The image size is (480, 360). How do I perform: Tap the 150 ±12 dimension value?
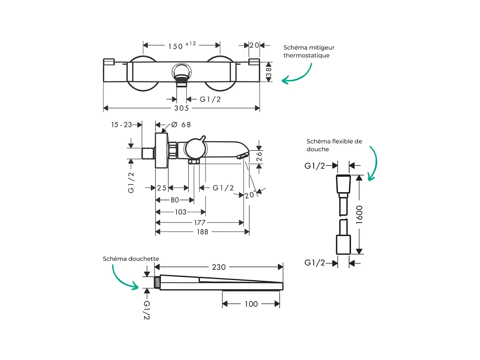pyautogui.click(x=181, y=46)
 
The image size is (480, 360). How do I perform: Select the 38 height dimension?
pyautogui.click(x=269, y=72)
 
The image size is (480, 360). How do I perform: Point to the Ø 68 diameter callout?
pyautogui.click(x=181, y=124)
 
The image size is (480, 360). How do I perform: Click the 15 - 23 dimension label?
pyautogui.click(x=121, y=124)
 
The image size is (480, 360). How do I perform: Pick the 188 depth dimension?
pyautogui.click(x=203, y=232)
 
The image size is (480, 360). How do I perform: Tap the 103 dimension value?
pyautogui.click(x=181, y=212)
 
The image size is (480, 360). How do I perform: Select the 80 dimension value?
pyautogui.click(x=174, y=200)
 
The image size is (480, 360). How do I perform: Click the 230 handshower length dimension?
pyautogui.click(x=219, y=267)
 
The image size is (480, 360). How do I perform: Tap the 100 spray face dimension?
pyautogui.click(x=251, y=304)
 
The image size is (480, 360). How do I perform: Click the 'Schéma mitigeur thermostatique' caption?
pyautogui.click(x=307, y=51)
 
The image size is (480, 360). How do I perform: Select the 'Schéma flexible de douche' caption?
pyautogui.click(x=334, y=145)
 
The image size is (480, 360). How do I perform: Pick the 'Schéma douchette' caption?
pyautogui.click(x=131, y=259)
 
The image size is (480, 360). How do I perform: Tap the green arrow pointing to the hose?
pyautogui.click(x=373, y=164)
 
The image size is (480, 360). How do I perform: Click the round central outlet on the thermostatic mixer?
pyautogui.click(x=182, y=72)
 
